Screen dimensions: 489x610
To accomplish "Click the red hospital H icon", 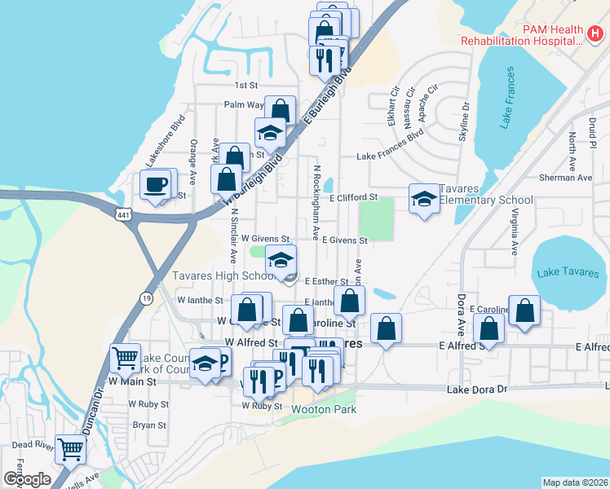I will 595,33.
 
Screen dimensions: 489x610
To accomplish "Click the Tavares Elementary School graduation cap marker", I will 424,198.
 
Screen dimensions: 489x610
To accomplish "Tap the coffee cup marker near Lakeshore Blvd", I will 155,183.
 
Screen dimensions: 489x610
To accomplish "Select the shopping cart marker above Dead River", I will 71,447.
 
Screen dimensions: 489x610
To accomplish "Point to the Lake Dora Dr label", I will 477,390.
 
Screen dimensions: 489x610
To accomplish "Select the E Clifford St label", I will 353,197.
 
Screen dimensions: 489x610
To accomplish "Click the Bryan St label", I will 149,425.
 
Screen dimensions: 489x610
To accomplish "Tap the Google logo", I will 27,479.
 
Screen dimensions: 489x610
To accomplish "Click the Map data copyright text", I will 574,482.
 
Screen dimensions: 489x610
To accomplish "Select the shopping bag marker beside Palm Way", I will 280,109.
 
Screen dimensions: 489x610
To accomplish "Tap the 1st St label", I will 245,85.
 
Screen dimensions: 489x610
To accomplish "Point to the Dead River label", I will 33,447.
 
